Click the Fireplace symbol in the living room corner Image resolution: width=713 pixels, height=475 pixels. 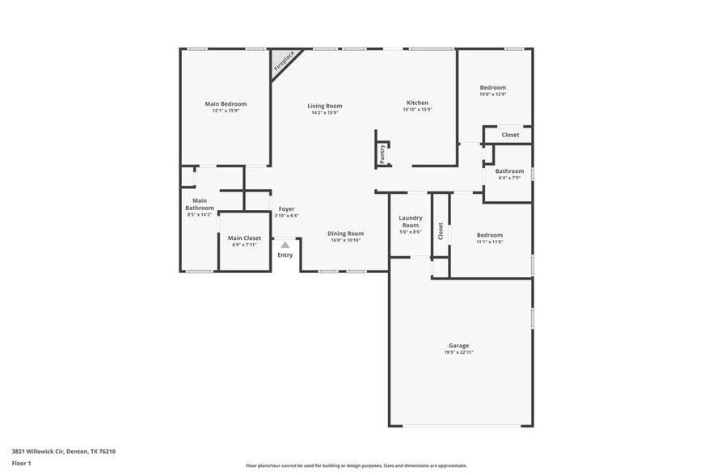285,63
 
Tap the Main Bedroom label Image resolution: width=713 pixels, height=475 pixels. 226,103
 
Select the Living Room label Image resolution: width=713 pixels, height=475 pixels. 324,106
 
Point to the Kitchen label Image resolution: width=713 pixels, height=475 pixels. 417,103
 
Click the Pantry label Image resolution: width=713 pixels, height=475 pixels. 382,153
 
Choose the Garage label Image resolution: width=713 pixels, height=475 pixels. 458,346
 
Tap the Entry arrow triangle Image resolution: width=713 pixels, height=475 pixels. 285,245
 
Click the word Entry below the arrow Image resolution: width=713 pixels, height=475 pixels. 285,255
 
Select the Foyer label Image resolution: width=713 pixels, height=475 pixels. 286,209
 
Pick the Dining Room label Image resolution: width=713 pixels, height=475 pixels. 345,233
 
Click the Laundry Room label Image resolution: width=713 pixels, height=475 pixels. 411,221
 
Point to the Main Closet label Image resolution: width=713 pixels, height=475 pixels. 244,238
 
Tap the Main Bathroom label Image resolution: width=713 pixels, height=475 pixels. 200,204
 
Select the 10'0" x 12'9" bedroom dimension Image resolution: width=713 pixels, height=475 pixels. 492,95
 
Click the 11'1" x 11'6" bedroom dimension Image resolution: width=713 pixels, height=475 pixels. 489,242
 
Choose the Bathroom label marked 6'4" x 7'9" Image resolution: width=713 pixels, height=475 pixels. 509,171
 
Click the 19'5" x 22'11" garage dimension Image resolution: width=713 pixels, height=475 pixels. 458,352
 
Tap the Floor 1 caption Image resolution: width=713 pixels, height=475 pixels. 21,463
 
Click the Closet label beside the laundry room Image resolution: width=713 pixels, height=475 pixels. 441,231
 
